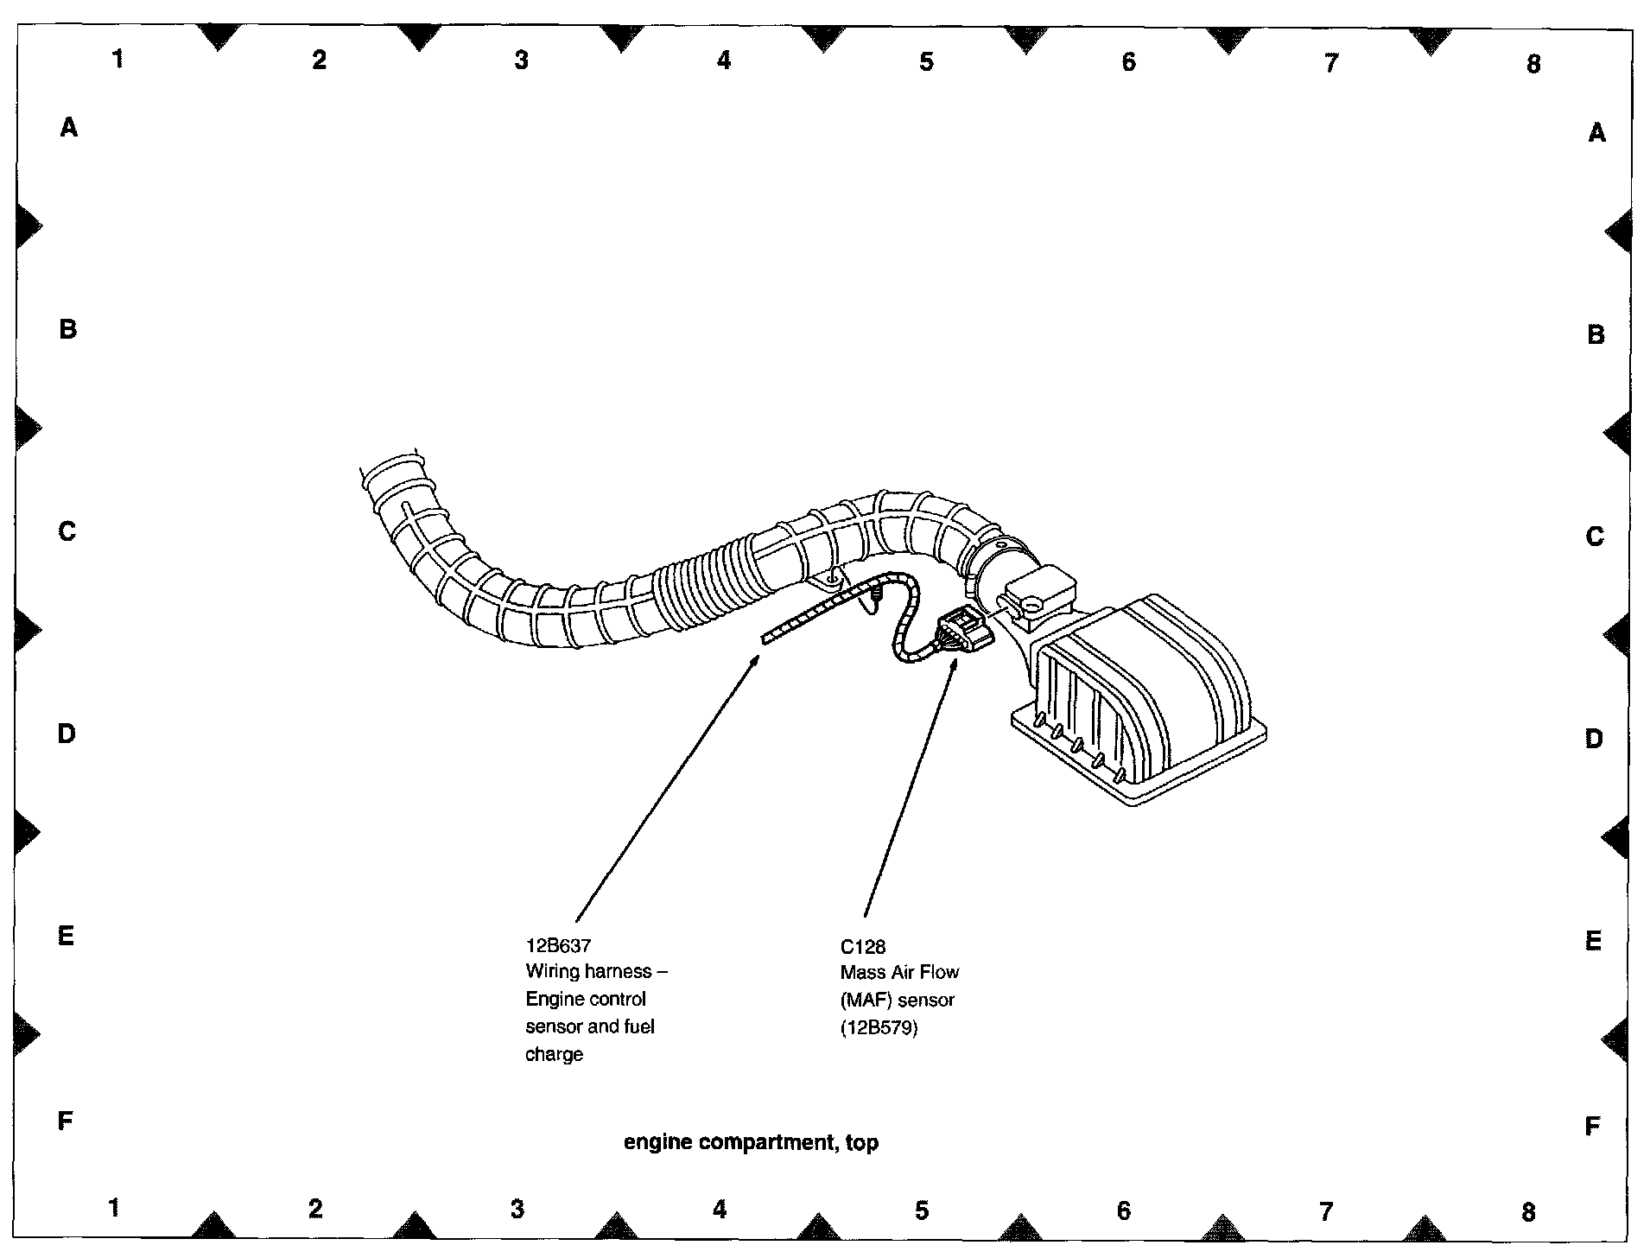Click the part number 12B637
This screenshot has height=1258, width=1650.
[558, 945]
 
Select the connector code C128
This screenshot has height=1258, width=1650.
[862, 946]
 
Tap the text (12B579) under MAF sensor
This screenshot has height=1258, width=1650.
[879, 1027]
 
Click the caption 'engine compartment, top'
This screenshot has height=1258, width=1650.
[751, 1142]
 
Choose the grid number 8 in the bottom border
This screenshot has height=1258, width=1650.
[1528, 1212]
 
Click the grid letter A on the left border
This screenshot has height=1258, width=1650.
[68, 128]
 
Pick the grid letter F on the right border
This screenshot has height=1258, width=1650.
[1593, 1126]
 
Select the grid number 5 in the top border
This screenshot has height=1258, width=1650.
[926, 61]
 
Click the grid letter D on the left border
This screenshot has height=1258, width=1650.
[67, 734]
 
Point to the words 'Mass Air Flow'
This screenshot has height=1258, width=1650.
[899, 972]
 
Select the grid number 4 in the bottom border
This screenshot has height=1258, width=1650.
[720, 1210]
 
